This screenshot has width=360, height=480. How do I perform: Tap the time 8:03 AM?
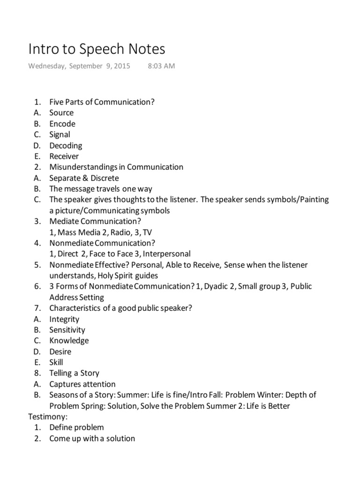pyautogui.click(x=161, y=66)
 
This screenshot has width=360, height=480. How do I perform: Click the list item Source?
pyautogui.click(x=61, y=113)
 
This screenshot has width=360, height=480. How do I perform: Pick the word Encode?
pyautogui.click(x=62, y=124)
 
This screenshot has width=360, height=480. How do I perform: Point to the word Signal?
pyautogui.click(x=60, y=135)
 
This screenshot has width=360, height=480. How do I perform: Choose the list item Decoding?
pyautogui.click(x=66, y=146)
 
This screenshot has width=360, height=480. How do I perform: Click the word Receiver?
pyautogui.click(x=64, y=157)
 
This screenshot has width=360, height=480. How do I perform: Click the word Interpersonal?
pyautogui.click(x=166, y=254)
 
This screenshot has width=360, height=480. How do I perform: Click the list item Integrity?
pyautogui.click(x=64, y=319)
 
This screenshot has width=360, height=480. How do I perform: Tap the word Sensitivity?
pyautogui.click(x=67, y=330)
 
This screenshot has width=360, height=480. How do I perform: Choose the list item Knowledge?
pyautogui.click(x=69, y=341)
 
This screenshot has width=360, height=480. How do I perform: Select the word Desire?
pyautogui.click(x=60, y=352)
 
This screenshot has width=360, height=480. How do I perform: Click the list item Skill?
pyautogui.click(x=56, y=362)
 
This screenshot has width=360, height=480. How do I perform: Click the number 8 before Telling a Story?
pyautogui.click(x=37, y=373)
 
